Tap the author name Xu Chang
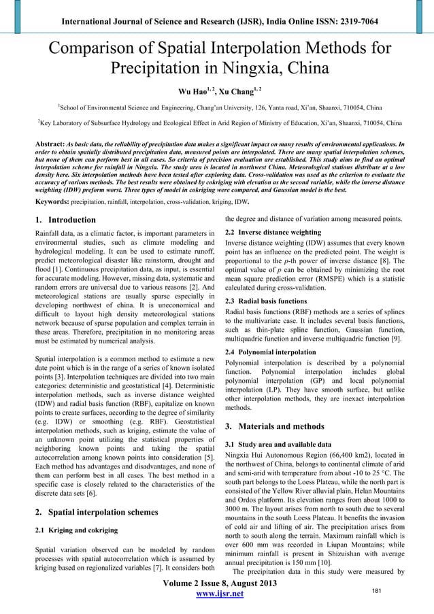(235, 90)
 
